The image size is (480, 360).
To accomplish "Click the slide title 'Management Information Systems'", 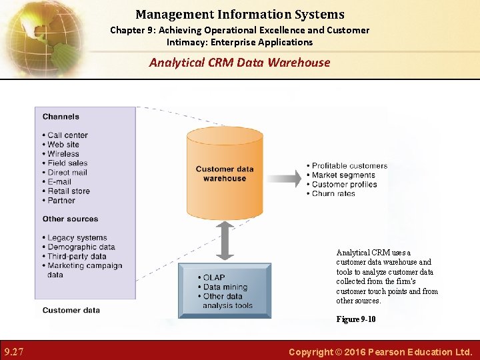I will coord(240,14).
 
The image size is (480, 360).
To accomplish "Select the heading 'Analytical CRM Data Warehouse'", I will coord(240,63).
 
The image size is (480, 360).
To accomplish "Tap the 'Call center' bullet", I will coord(67,135).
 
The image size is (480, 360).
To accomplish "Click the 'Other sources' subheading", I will coord(70,219).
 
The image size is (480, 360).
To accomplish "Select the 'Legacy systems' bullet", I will coord(77,237).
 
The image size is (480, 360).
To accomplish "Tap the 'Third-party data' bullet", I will coord(77,256).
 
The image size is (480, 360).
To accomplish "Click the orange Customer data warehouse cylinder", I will coord(225,173).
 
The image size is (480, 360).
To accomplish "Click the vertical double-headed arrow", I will coord(225,240).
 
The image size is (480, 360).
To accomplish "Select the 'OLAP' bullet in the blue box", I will coord(213,277).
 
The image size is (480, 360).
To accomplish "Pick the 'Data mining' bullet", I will coord(225,287).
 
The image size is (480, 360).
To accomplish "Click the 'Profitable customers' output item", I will coord(349,165).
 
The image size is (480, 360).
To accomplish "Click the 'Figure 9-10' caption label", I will coord(355,319).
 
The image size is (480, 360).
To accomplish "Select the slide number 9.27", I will coord(15,351).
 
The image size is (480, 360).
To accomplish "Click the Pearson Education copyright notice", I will coord(380,351).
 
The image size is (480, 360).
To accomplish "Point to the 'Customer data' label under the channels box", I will coord(71,310).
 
